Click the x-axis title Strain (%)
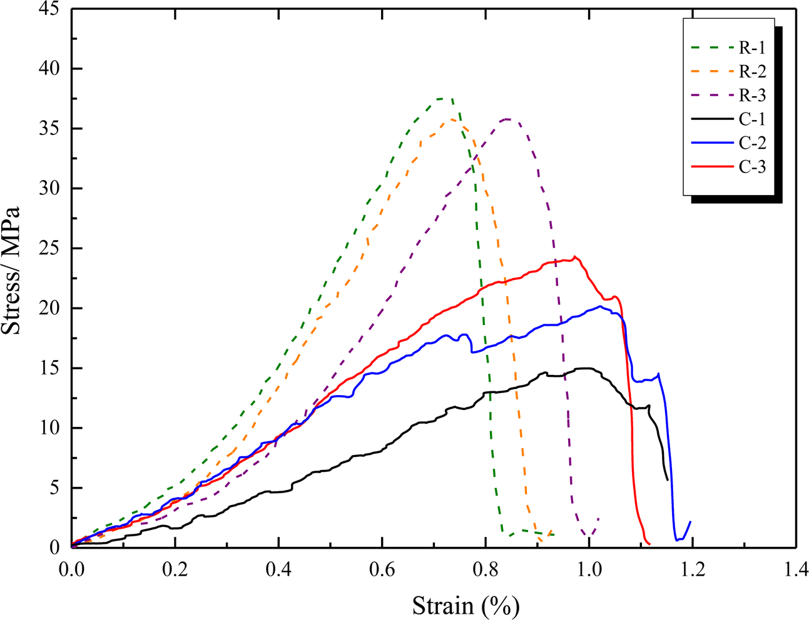tap(466, 606)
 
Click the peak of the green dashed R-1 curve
tap(445, 98)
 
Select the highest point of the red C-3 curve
tap(575, 256)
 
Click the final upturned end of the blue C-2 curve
tap(690, 521)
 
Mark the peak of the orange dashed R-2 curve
tap(452, 119)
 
